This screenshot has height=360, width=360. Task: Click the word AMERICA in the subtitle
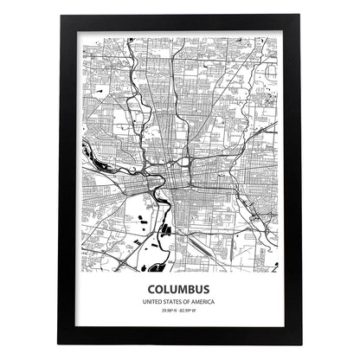(x=202, y=301)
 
